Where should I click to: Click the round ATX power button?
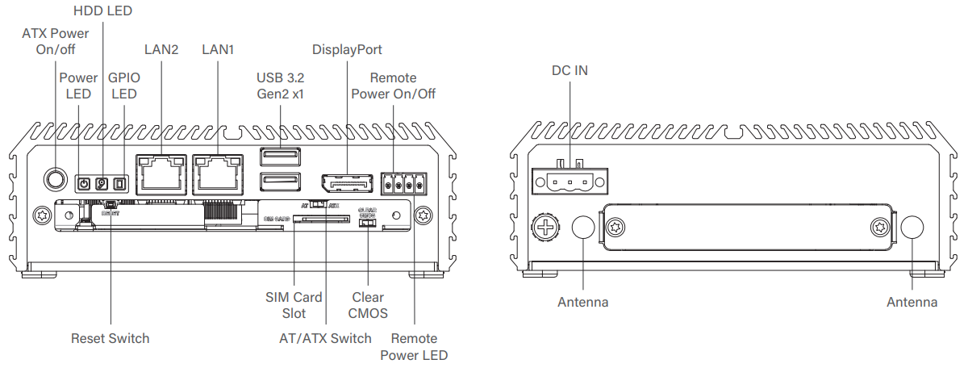55,178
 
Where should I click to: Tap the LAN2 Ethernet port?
161,174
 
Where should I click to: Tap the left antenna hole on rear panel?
583,228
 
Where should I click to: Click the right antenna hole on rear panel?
912,228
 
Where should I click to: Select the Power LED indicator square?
82,184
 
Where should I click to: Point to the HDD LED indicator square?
102,184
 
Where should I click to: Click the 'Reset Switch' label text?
110,338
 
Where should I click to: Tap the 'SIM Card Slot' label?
294,305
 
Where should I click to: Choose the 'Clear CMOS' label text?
368,305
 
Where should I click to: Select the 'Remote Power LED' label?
413,346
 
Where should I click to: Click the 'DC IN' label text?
570,70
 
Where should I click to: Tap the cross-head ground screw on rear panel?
546,227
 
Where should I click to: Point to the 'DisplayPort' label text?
347,50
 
